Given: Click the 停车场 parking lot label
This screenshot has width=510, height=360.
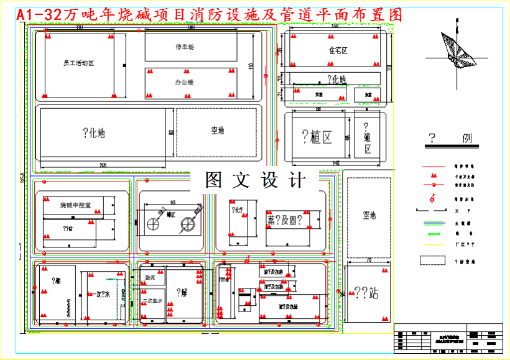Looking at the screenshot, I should click(185, 47).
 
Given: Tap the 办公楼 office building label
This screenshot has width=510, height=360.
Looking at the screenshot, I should click(185, 82).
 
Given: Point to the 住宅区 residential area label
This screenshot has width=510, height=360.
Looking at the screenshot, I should click(338, 50).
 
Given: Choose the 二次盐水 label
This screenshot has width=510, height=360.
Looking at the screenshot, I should click(152, 301).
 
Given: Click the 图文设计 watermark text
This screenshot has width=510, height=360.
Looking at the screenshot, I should click(256, 180).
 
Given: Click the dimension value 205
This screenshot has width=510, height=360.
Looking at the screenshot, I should click(103, 165).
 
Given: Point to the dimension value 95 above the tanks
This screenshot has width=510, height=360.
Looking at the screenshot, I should click(172, 202).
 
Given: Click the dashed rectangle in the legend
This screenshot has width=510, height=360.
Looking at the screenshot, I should click(433, 261).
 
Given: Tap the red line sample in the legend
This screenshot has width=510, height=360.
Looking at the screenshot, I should click(433, 167).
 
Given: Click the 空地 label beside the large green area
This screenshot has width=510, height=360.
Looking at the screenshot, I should click(217, 131).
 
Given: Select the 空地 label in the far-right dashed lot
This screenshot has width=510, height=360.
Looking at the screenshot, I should click(369, 215).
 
